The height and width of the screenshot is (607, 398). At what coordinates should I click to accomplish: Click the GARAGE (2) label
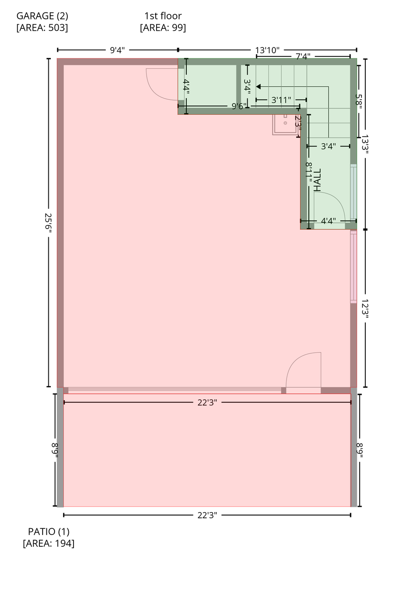(x=42, y=16)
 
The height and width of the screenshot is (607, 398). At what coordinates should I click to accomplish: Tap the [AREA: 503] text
(x=42, y=28)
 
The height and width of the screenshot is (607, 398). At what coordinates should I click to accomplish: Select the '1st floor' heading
(x=163, y=16)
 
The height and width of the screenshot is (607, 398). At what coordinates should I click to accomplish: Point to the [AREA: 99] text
(x=163, y=28)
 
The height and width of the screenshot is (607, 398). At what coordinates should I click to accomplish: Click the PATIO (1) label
(x=48, y=532)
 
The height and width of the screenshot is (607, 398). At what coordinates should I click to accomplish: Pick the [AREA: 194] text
(x=48, y=543)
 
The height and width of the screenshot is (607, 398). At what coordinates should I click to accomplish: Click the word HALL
(x=317, y=180)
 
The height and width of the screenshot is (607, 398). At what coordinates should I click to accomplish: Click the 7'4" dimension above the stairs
(x=303, y=57)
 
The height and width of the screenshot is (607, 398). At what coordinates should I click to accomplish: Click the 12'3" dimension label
(x=365, y=310)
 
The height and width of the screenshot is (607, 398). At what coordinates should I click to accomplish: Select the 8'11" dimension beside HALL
(x=309, y=173)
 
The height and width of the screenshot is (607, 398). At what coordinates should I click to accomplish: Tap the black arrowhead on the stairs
(x=259, y=87)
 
